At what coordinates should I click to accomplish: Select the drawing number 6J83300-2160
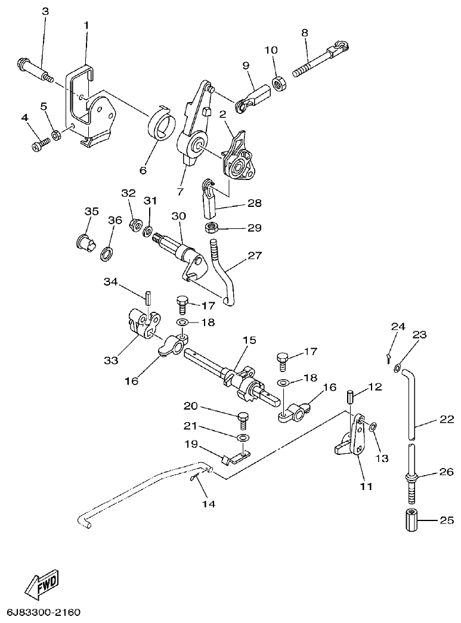click(x=44, y=612)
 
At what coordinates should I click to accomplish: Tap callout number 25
click(x=447, y=520)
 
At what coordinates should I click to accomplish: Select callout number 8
click(x=305, y=33)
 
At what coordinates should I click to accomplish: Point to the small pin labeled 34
click(x=147, y=295)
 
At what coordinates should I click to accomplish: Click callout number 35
click(x=91, y=211)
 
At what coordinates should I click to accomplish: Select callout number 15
click(x=249, y=340)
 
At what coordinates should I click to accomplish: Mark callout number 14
click(x=208, y=503)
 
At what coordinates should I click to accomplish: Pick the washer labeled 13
click(x=372, y=427)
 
